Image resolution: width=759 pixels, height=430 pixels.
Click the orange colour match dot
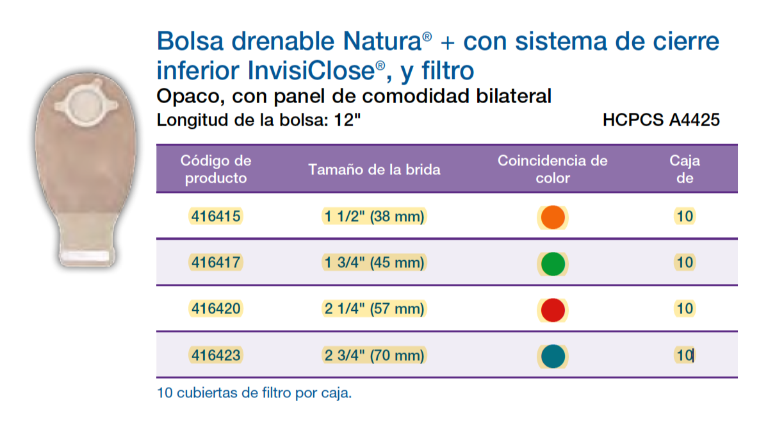point(553,217)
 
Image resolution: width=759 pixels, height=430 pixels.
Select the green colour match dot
point(553,263)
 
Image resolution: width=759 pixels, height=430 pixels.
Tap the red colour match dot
point(553,310)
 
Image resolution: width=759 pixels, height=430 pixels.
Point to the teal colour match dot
point(553,356)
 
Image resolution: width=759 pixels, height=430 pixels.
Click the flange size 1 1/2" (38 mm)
point(375,217)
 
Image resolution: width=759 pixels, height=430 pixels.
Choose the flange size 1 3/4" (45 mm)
point(375,262)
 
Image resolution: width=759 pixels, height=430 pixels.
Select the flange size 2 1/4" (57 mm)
point(375,309)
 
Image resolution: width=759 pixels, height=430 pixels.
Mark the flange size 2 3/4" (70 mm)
point(375,354)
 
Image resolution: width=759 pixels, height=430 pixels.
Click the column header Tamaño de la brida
point(375,170)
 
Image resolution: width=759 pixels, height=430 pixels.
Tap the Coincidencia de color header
point(552,169)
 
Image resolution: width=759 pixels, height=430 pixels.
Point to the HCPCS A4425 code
point(661,120)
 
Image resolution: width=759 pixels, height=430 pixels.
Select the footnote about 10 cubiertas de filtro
point(254,393)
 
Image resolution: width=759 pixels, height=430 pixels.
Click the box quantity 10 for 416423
point(685,354)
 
